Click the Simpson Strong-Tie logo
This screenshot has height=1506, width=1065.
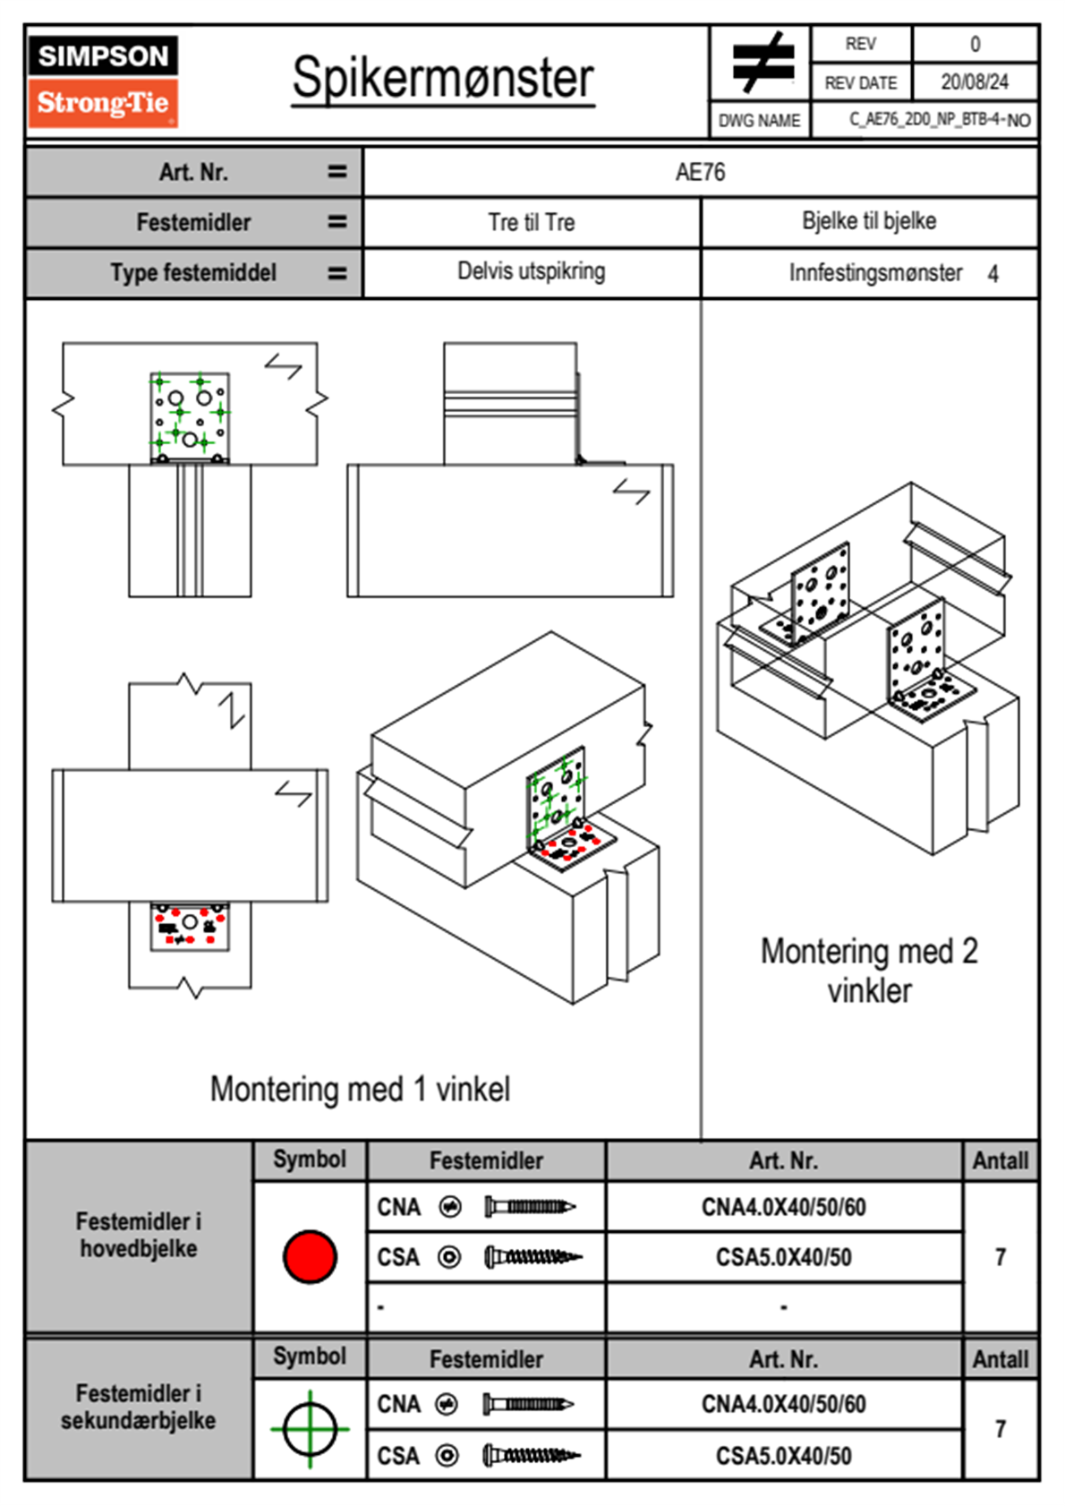point(103,81)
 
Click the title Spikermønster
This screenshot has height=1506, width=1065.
point(442,79)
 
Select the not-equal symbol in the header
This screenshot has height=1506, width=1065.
point(762,63)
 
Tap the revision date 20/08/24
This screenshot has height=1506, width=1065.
point(974,82)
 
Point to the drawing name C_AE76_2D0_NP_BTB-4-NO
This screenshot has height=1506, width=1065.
point(939,120)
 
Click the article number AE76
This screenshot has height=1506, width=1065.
point(700,172)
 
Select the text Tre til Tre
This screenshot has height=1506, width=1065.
point(531,222)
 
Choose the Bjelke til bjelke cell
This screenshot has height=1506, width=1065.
point(868,221)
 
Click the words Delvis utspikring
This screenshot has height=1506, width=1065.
point(531,271)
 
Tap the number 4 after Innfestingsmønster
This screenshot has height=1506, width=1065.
point(993,274)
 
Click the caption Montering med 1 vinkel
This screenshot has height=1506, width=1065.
point(360,1090)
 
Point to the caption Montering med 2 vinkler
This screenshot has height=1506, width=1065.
point(868,971)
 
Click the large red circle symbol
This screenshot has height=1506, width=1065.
point(310,1256)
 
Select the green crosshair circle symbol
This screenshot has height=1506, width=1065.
point(310,1429)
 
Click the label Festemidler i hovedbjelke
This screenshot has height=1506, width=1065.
point(139,1235)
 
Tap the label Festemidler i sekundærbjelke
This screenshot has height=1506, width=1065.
point(139,1407)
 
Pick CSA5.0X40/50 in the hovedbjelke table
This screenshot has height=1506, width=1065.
point(783,1258)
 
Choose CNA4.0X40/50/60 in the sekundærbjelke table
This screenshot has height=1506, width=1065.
point(783,1404)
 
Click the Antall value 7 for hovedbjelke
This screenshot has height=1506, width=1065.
point(1000,1258)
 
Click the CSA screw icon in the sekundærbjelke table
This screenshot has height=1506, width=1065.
point(532,1456)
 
